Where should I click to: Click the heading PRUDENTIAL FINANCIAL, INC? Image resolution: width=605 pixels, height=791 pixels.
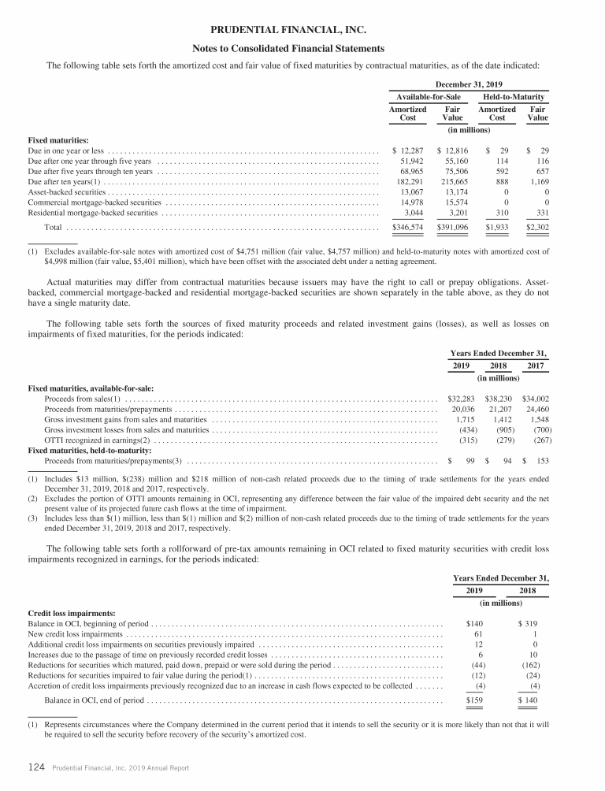pos(302,31)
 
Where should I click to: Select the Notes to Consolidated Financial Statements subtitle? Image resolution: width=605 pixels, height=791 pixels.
pos(302,48)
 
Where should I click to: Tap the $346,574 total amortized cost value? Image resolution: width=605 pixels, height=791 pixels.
pos(409,227)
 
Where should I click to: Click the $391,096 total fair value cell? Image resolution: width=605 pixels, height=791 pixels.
pos(452,227)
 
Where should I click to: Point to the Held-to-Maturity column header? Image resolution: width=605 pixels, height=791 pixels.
pos(514,97)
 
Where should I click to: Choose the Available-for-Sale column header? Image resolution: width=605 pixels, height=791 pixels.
pos(430,97)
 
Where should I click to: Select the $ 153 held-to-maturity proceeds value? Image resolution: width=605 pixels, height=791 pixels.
pos(535,460)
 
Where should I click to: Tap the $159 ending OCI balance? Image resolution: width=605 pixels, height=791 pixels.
pos(474,700)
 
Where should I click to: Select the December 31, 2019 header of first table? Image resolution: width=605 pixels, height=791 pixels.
pos(470,84)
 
